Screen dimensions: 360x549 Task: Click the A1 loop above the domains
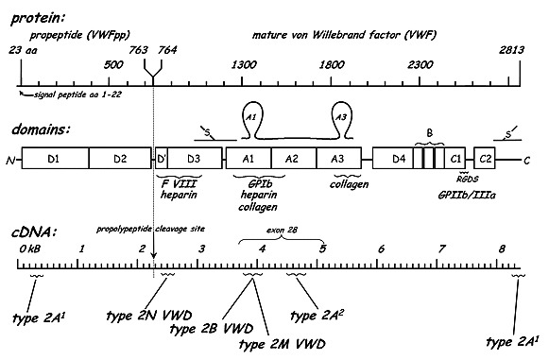coord(250,112)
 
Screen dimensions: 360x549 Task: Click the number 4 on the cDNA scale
coord(262,249)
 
